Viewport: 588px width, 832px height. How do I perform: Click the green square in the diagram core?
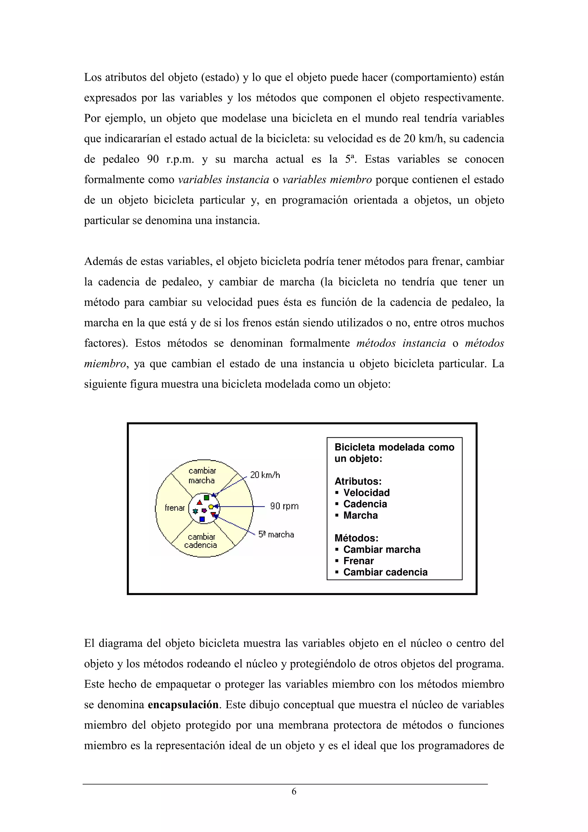[206, 498]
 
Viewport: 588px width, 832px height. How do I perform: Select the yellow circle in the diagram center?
[211, 507]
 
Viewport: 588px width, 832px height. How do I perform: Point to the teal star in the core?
[195, 511]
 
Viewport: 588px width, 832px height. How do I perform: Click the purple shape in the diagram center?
[204, 510]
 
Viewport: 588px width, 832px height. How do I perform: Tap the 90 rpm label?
[284, 506]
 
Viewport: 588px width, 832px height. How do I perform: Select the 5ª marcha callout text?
[276, 535]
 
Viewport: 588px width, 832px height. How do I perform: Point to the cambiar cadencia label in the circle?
[201, 541]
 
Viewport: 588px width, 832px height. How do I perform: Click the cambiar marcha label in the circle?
[202, 475]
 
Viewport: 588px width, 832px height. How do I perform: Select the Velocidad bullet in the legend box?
[366, 493]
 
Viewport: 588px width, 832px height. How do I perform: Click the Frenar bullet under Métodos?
[358, 561]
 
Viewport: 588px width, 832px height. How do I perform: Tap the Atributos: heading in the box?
[358, 481]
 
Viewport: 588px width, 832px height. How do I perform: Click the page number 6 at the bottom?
[294, 792]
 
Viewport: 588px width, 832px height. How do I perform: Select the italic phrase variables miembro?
[327, 180]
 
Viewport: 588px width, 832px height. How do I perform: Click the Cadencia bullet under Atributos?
[365, 504]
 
